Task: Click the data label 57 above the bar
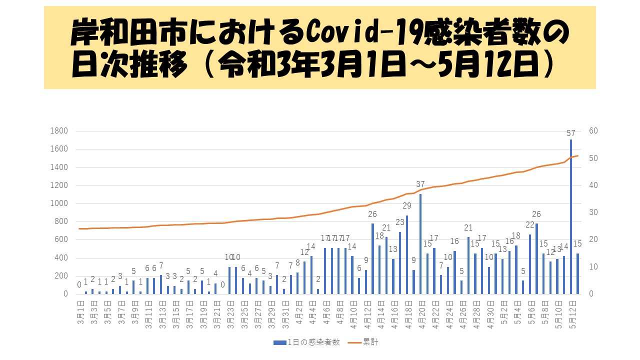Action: [x=571, y=133]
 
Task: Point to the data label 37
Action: [x=420, y=184]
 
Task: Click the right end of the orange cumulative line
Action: [x=578, y=155]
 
